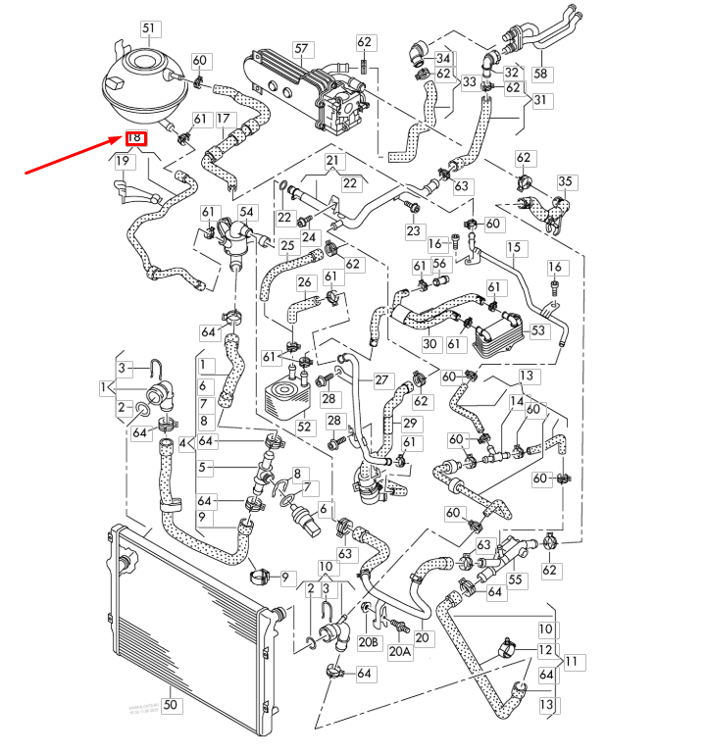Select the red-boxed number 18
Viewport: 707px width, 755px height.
[136, 138]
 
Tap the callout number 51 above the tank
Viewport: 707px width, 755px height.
[148, 28]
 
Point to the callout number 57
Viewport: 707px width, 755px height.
[301, 48]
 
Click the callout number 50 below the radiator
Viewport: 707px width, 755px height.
[170, 704]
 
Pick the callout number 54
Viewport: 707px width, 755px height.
[246, 213]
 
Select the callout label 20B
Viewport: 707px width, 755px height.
[368, 642]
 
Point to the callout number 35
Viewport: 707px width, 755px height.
[564, 182]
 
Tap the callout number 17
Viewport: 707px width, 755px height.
[224, 120]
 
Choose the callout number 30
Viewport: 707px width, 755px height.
[429, 344]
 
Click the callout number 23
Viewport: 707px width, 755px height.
[413, 230]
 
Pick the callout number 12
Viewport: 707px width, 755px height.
[544, 650]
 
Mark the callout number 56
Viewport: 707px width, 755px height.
[440, 264]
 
